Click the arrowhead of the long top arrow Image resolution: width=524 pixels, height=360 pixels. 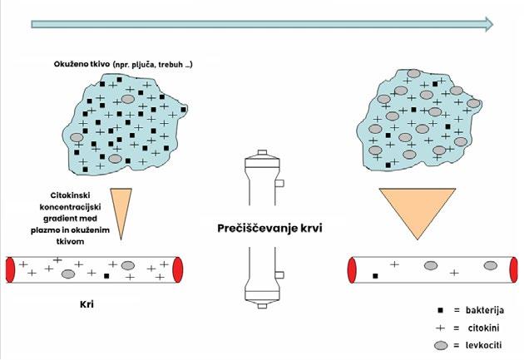[x=486, y=25]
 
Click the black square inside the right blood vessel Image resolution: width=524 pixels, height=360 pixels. [x=376, y=275]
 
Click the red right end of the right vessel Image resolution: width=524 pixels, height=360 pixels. [x=510, y=269]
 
